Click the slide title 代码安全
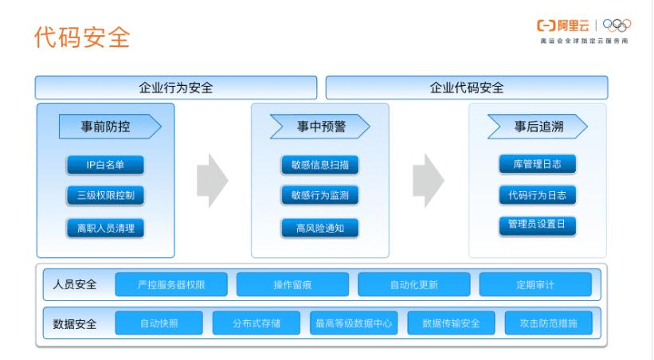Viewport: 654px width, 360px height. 83,37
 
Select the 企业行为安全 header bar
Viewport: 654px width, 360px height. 175,88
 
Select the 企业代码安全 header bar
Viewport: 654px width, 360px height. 466,88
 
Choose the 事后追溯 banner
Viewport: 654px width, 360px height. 538,127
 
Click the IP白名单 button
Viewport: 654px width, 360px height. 105,165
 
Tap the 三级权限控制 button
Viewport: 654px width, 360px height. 105,196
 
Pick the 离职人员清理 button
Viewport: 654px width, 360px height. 105,228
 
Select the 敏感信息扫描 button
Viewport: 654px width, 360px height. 319,165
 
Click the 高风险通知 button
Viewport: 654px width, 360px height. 319,228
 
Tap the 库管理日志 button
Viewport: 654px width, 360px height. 537,164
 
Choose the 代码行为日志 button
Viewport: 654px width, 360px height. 537,195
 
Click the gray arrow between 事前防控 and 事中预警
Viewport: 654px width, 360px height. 212,179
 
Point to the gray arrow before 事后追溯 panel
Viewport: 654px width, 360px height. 429,179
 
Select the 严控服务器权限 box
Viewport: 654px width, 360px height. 171,284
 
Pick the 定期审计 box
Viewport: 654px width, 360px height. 535,284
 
